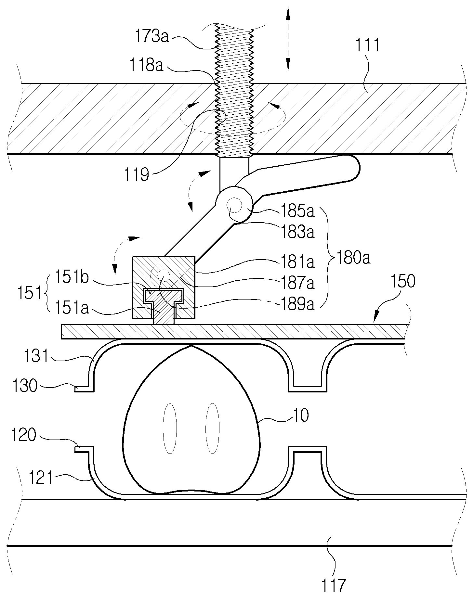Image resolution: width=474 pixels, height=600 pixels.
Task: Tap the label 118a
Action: point(146,65)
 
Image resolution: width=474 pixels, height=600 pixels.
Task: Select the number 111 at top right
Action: point(366,45)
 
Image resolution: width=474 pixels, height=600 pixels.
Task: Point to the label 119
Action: point(137,175)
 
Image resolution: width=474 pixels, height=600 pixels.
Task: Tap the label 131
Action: point(36,356)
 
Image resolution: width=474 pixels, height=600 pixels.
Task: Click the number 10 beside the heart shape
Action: point(301,415)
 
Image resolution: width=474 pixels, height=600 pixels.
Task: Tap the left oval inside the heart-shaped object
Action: point(170,428)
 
